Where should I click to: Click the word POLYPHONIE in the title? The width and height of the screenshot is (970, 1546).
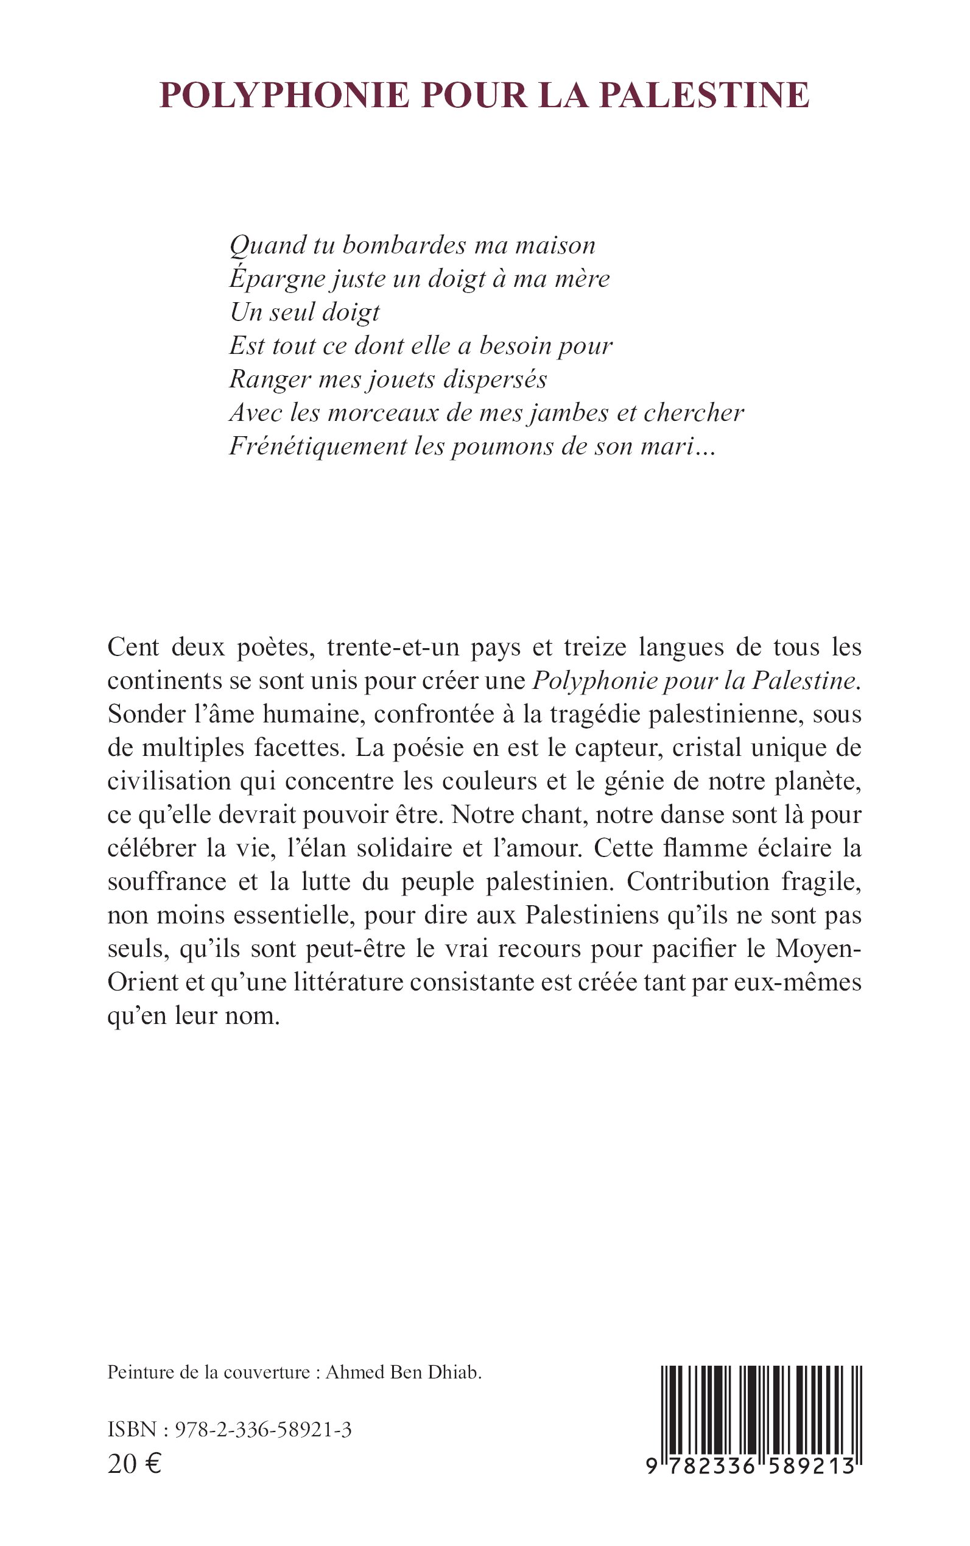click(x=284, y=95)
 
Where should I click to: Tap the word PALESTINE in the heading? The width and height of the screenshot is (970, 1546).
click(x=704, y=95)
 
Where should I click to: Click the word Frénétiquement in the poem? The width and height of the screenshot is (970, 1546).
click(x=318, y=447)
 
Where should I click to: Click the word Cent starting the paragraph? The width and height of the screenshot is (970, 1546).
click(x=133, y=647)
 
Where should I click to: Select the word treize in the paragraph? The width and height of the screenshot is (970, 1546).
click(x=596, y=647)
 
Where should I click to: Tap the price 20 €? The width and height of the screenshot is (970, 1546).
click(x=135, y=1464)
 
